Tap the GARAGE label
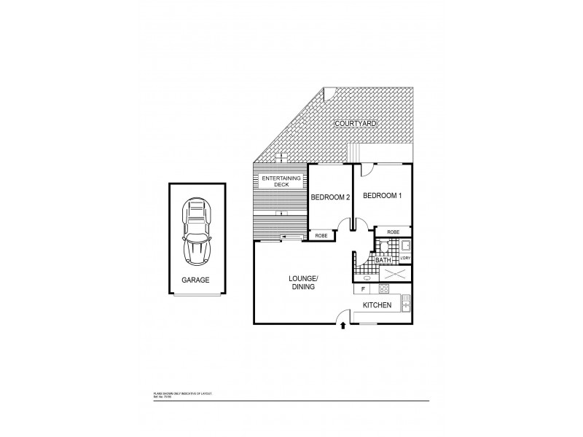(x=195, y=279)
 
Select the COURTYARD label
(x=355, y=125)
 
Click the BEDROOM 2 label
(x=331, y=197)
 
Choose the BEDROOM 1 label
(x=383, y=196)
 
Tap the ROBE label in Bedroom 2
(x=321, y=235)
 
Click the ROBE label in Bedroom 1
(x=394, y=232)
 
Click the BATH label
(x=383, y=259)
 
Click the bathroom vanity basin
(x=367, y=277)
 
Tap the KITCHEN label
(x=377, y=305)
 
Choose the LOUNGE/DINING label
(x=301, y=283)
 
